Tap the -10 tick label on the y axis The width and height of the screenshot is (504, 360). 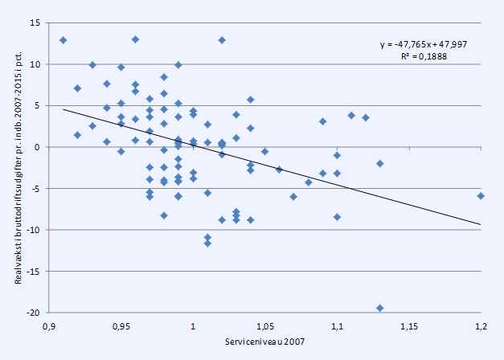(x=33, y=230)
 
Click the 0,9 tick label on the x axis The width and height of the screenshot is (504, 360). (x=48, y=327)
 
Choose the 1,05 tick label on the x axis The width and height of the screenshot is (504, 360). (x=264, y=327)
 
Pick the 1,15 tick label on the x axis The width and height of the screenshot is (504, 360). (x=408, y=327)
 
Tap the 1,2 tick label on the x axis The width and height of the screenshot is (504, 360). (x=481, y=327)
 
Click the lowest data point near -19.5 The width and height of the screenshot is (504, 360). (x=379, y=308)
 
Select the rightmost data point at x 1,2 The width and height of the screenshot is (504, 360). (x=481, y=195)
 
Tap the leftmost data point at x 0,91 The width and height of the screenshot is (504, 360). (x=63, y=40)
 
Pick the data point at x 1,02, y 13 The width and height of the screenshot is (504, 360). (x=222, y=40)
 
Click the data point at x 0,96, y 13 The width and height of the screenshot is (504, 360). (x=135, y=39)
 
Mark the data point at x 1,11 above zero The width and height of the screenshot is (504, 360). (x=351, y=116)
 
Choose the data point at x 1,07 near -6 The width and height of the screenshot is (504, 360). (x=293, y=196)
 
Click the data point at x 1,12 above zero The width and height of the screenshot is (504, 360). (x=366, y=117)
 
